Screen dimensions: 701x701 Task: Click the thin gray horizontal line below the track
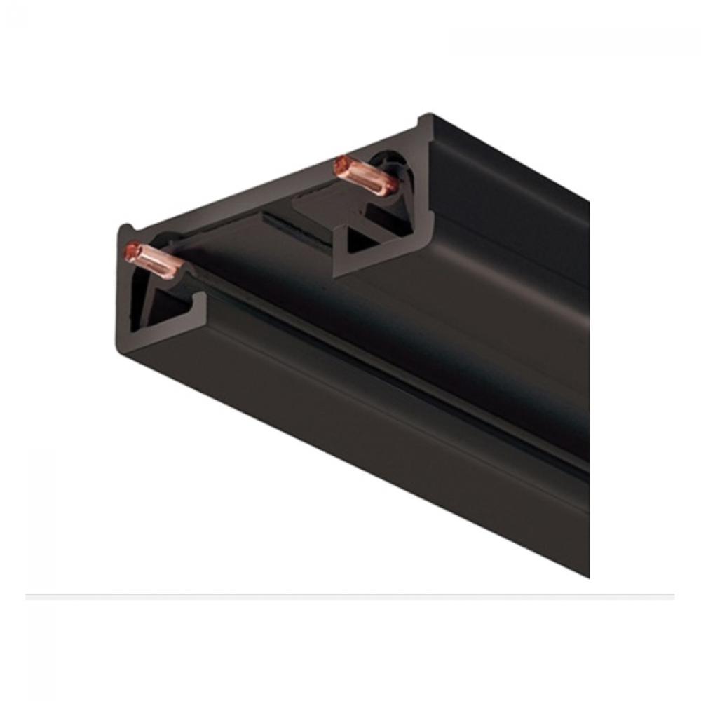[350, 597]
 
